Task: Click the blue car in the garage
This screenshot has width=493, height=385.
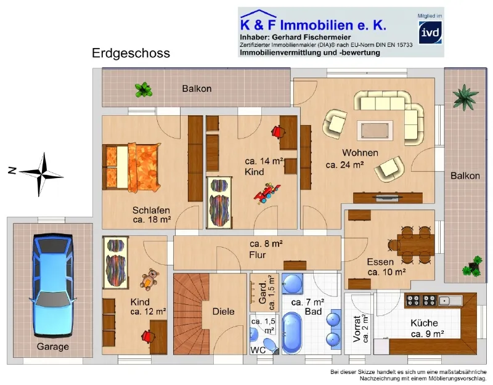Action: [x=53, y=285]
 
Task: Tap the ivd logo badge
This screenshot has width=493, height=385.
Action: [x=430, y=33]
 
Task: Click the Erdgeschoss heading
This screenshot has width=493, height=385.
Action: [x=131, y=53]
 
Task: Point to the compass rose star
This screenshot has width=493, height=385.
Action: [x=41, y=174]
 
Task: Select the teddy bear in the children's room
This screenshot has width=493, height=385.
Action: [x=149, y=279]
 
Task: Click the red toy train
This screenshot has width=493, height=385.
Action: [x=267, y=193]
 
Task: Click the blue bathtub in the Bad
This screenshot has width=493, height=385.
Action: [x=292, y=333]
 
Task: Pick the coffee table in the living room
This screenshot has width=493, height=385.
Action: [x=375, y=131]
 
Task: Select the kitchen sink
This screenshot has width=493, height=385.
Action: [x=450, y=301]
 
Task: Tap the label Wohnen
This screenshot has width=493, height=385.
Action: [x=360, y=153]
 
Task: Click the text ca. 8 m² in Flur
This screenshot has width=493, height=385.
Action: [x=266, y=243]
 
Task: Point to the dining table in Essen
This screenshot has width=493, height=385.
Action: [x=415, y=245]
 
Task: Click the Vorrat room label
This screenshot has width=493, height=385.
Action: [x=357, y=329]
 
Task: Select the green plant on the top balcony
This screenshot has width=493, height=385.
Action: [x=144, y=89]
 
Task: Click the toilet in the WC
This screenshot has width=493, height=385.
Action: [x=270, y=345]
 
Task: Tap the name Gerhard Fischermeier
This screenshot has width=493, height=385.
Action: [x=311, y=38]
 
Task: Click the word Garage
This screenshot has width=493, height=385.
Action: [x=53, y=346]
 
